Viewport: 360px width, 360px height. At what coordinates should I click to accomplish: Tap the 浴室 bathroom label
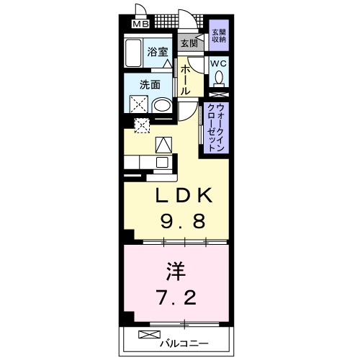tap(158, 52)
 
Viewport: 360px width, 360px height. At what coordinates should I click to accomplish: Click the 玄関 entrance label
tap(189, 44)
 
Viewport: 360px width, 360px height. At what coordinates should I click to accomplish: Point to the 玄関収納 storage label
tap(218, 36)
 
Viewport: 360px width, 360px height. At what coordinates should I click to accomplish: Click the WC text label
tap(218, 63)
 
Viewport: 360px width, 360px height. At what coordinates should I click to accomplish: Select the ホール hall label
tap(185, 80)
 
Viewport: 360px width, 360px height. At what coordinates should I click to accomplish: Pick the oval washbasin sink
tap(163, 106)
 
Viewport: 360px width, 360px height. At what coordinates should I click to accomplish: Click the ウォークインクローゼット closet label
tap(214, 128)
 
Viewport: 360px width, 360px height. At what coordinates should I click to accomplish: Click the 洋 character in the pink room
tap(176, 271)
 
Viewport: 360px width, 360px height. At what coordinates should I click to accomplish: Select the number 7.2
tap(176, 296)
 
